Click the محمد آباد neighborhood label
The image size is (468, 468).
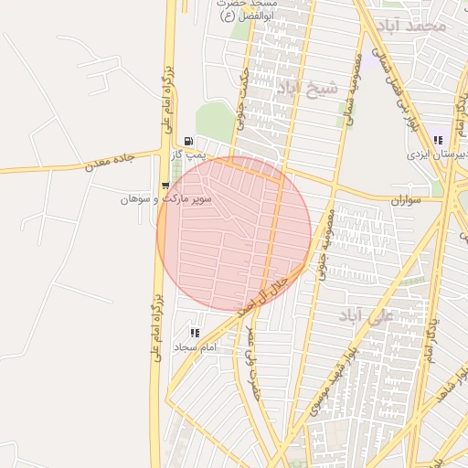pyautogui.click(x=416, y=26)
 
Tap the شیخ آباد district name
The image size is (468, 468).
pyautogui.click(x=306, y=88)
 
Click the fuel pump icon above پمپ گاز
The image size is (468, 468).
pyautogui.click(x=187, y=142)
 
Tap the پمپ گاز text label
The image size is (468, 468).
pyautogui.click(x=191, y=157)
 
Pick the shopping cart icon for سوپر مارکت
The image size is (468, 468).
pyautogui.click(x=165, y=186)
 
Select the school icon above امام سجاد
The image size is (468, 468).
pyautogui.click(x=194, y=334)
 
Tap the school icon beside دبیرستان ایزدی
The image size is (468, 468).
pyautogui.click(x=438, y=141)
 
